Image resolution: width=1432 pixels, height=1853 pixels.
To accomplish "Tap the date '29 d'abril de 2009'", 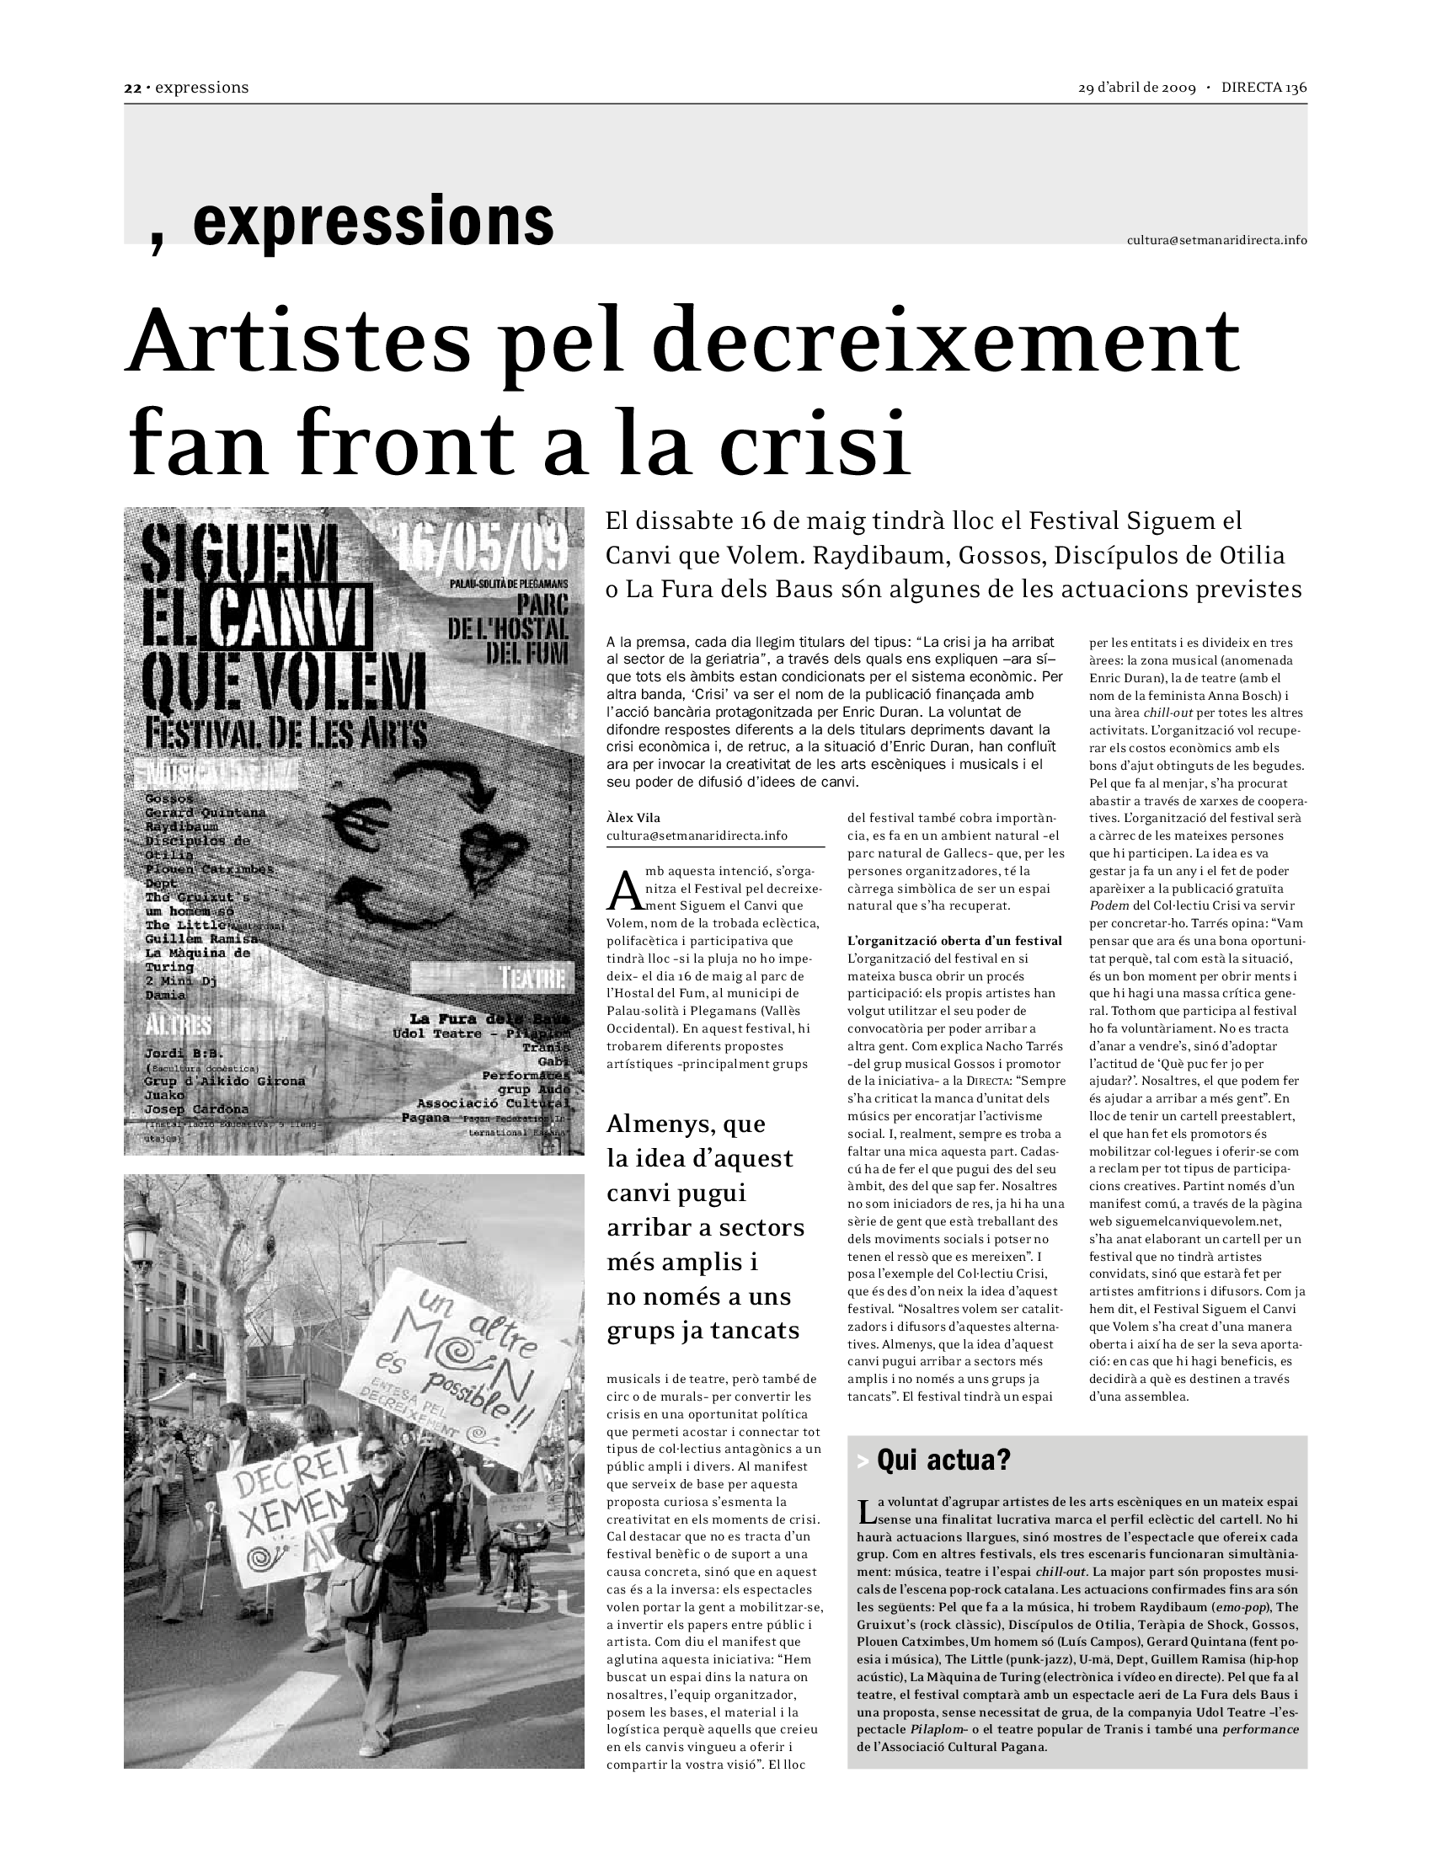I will pyautogui.click(x=1137, y=88).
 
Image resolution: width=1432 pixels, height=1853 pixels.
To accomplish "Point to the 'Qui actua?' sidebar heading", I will pyautogui.click(x=943, y=1460).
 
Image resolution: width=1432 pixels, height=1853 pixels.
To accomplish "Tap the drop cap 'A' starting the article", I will pyautogui.click(x=622, y=889).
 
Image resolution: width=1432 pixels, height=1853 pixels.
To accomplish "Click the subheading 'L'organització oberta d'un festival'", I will pyautogui.click(x=954, y=940).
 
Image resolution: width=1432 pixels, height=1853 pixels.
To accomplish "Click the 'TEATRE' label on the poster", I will pyautogui.click(x=533, y=978).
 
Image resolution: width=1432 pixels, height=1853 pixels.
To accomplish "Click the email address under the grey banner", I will pyautogui.click(x=1216, y=240).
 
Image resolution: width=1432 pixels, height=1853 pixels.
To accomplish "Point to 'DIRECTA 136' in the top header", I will pyautogui.click(x=1264, y=88).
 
